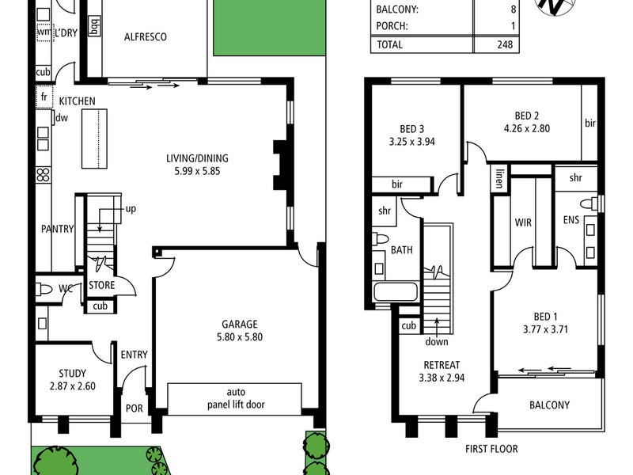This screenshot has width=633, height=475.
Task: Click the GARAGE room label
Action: tap(239, 324)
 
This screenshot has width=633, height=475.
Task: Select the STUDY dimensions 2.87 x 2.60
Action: tap(73, 386)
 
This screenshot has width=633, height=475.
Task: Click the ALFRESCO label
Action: tap(146, 36)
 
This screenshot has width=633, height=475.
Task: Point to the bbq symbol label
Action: tap(95, 30)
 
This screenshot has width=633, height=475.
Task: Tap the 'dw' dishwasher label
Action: tap(60, 118)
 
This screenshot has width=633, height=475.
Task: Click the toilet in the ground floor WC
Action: tap(46, 289)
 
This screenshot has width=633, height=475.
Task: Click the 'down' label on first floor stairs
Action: tap(436, 342)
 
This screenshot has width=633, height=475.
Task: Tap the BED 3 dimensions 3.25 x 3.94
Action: tap(412, 142)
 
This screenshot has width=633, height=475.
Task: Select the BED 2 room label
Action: tap(526, 114)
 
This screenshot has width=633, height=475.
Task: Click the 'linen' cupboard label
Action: tap(499, 176)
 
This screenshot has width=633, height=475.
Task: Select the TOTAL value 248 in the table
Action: tap(504, 44)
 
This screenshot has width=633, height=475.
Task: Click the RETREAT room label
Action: tap(441, 365)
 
